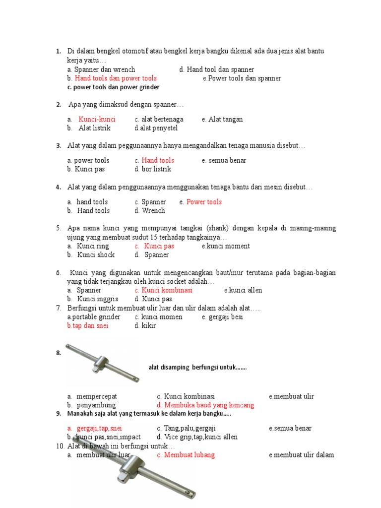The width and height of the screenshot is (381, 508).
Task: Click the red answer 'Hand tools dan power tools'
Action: (116, 78)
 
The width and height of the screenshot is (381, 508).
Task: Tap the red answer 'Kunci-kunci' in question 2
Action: (97, 119)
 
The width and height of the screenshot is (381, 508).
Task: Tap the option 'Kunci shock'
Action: (96, 255)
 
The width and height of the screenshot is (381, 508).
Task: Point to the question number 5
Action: (58, 228)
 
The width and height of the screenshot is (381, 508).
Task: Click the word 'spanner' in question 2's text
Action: (166, 105)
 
